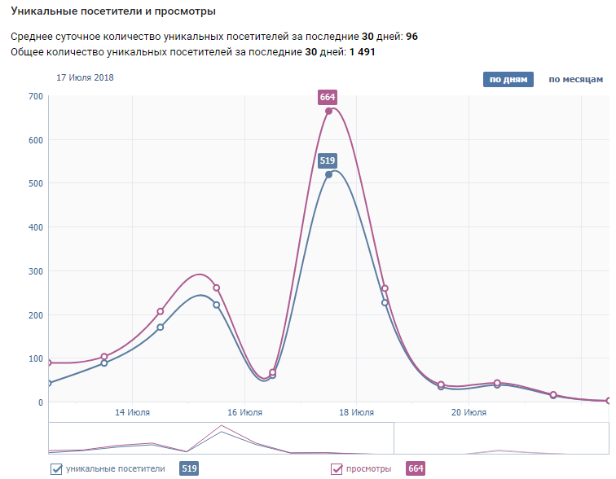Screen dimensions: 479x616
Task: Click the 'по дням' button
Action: click(508, 80)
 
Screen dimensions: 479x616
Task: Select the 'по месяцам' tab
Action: click(575, 80)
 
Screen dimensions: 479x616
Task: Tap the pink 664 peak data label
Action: click(328, 97)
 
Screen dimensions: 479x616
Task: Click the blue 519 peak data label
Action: click(328, 160)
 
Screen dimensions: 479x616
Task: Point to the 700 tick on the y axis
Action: click(35, 96)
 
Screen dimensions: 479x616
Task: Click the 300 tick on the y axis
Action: click(35, 271)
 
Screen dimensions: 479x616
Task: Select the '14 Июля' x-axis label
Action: click(132, 412)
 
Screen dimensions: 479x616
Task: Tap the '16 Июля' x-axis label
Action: click(244, 412)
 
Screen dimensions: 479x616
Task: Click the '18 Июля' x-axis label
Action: click(357, 412)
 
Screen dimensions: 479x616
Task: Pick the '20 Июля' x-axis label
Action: click(469, 412)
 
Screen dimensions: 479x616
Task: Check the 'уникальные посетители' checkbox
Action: click(57, 468)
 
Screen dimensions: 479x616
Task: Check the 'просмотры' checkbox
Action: click(337, 468)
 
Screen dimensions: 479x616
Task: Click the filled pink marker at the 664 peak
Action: click(328, 112)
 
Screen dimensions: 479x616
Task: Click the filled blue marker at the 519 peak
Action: click(328, 174)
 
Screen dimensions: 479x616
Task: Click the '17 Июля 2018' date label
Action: click(85, 77)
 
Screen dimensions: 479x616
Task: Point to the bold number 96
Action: click(411, 37)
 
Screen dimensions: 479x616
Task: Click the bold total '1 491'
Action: click(362, 52)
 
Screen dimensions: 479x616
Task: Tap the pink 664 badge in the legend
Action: click(415, 468)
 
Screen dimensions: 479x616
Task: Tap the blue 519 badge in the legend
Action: click(188, 468)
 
